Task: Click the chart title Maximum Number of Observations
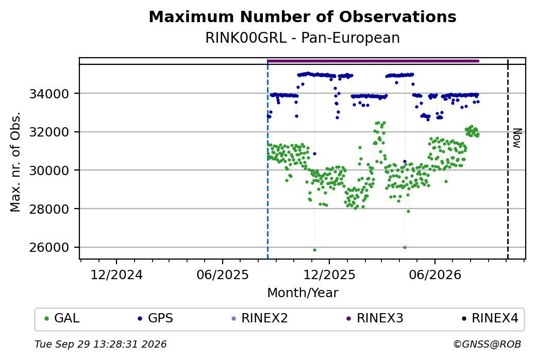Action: [303, 16]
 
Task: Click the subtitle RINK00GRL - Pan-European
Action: [303, 38]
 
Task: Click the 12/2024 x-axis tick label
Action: [116, 275]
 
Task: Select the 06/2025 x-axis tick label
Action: [223, 275]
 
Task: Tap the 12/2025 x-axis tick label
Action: [329, 275]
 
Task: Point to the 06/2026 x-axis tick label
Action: [435, 275]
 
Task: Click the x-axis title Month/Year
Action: [303, 293]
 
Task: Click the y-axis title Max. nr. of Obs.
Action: [15, 162]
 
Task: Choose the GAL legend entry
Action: [62, 318]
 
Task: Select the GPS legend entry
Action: [156, 318]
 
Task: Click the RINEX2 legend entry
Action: [260, 318]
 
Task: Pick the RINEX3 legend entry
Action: [375, 318]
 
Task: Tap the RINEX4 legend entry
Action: [490, 318]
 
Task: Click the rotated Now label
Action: [517, 139]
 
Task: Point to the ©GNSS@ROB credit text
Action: [487, 344]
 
